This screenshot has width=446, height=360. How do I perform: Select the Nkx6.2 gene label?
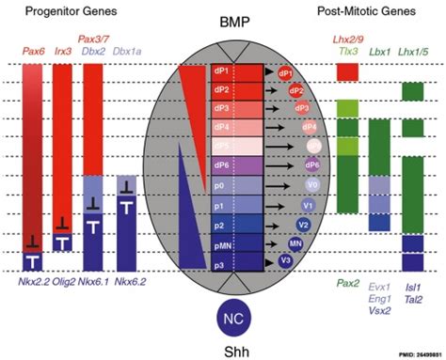tap(132, 280)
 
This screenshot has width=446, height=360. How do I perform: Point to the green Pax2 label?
tap(348, 281)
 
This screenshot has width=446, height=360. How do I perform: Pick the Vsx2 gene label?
tap(380, 306)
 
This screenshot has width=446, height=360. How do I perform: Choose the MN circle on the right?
tap(295, 243)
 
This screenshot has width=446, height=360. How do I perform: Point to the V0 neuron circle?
tap(311, 186)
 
